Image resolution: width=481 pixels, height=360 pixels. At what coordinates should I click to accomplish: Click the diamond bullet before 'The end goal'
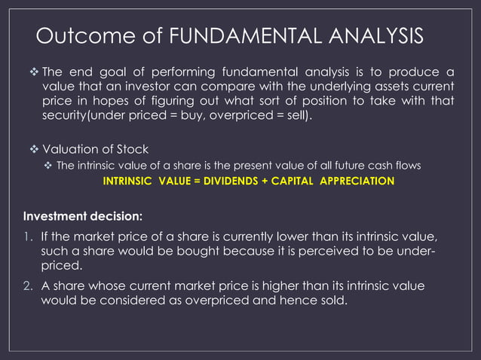(32, 72)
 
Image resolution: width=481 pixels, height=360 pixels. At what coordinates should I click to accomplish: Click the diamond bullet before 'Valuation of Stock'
(32, 149)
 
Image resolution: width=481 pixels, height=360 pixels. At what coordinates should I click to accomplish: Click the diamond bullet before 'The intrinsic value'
(48, 166)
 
